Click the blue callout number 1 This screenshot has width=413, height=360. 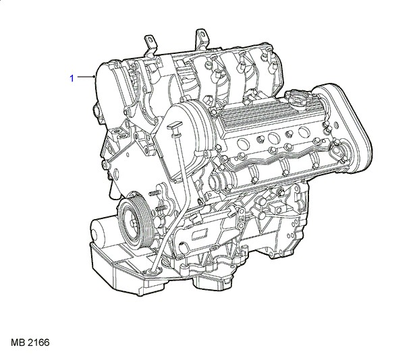point(72,78)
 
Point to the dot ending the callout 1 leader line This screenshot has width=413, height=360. point(94,77)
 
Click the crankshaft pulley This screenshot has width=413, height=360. point(134,221)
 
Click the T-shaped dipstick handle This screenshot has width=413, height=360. point(174,125)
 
